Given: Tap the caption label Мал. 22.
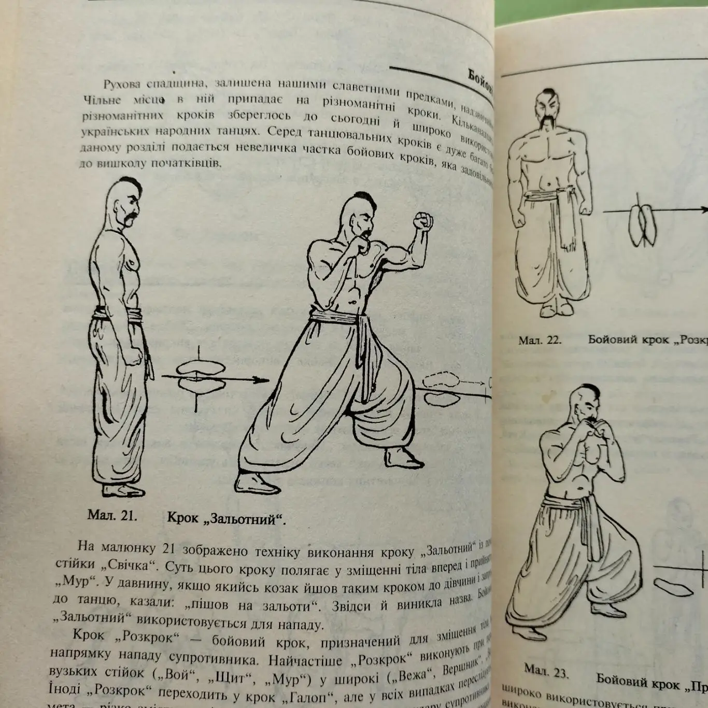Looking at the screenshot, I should coord(540,341).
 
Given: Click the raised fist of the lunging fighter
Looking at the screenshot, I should coord(423,221).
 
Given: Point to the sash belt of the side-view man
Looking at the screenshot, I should coord(119,315).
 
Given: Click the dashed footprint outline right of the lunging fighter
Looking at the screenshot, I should coord(441,379).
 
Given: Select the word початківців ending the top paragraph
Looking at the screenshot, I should coord(186,163).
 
